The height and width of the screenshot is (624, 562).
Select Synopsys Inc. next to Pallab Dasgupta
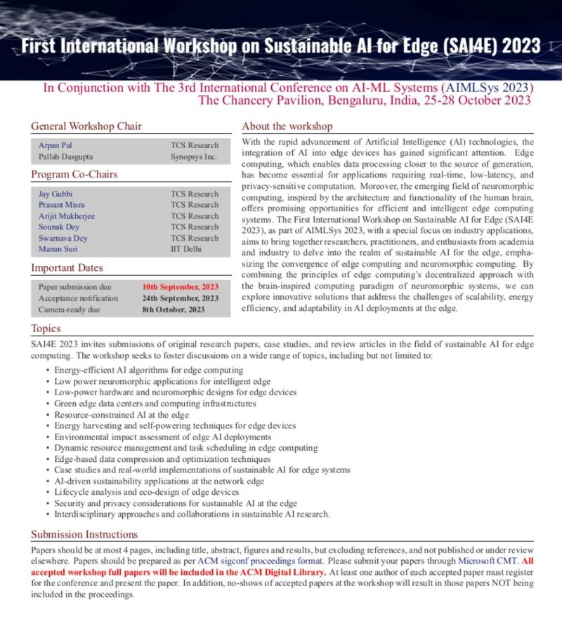192,157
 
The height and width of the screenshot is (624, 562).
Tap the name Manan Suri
55,249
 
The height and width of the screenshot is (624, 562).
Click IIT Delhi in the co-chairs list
186,249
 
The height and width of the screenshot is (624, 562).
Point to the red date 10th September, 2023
180,286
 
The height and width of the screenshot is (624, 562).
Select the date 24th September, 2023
180,298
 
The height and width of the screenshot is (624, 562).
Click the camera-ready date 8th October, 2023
174,309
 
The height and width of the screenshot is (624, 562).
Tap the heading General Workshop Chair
86,126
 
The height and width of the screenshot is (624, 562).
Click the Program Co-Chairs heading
74,174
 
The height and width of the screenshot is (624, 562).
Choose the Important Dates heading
67,267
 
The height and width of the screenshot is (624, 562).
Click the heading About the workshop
287,126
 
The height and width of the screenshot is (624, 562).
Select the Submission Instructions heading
84,533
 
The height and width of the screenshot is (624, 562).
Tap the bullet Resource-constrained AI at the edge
117,415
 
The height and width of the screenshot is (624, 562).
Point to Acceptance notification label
78,298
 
